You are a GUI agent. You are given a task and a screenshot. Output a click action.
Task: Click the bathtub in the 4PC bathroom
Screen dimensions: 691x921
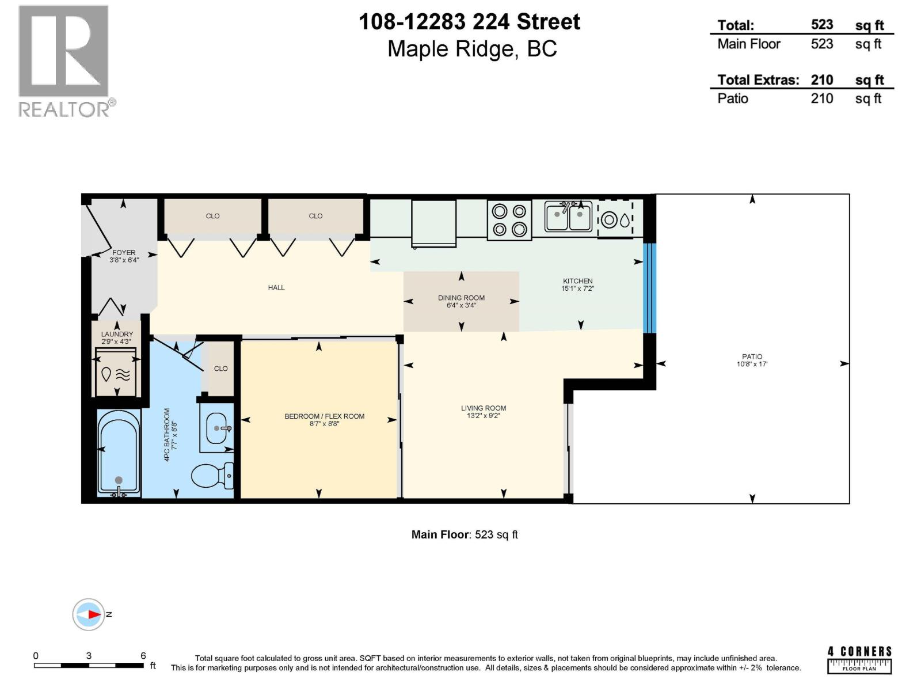pyautogui.click(x=119, y=452)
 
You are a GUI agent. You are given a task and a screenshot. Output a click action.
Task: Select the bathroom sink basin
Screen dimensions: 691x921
pyautogui.click(x=217, y=428)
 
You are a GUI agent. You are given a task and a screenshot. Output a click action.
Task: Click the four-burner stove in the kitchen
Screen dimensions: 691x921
pyautogui.click(x=509, y=220)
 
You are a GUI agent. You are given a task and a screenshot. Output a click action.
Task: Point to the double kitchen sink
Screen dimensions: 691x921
pyautogui.click(x=568, y=217)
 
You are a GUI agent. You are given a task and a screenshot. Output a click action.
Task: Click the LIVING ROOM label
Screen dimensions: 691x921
pyautogui.click(x=484, y=408)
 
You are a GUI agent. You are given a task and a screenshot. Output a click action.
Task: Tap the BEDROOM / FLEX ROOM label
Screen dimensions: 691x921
pyautogui.click(x=324, y=416)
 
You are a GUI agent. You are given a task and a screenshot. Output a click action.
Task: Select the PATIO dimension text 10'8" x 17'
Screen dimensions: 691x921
pyautogui.click(x=752, y=365)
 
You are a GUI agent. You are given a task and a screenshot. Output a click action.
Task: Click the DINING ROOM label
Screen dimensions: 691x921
pyautogui.click(x=461, y=298)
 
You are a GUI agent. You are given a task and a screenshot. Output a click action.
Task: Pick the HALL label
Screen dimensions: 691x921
pyautogui.click(x=276, y=287)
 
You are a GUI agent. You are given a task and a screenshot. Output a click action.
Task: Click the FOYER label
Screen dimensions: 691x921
pyautogui.click(x=124, y=252)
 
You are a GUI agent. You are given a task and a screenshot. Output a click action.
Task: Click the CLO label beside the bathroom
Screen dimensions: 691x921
pyautogui.click(x=220, y=369)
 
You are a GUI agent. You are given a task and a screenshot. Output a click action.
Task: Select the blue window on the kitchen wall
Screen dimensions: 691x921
pyautogui.click(x=649, y=288)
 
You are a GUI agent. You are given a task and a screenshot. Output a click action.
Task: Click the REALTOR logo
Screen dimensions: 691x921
pyautogui.click(x=64, y=60)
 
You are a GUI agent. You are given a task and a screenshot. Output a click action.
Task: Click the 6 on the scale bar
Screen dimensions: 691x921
pyautogui.click(x=143, y=656)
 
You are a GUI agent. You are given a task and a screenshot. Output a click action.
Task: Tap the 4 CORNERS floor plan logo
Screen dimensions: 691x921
pyautogui.click(x=859, y=659)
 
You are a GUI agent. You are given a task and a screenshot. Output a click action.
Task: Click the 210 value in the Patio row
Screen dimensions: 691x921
pyautogui.click(x=821, y=98)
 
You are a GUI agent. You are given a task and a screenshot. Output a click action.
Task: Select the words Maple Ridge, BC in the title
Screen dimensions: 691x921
pyautogui.click(x=472, y=49)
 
